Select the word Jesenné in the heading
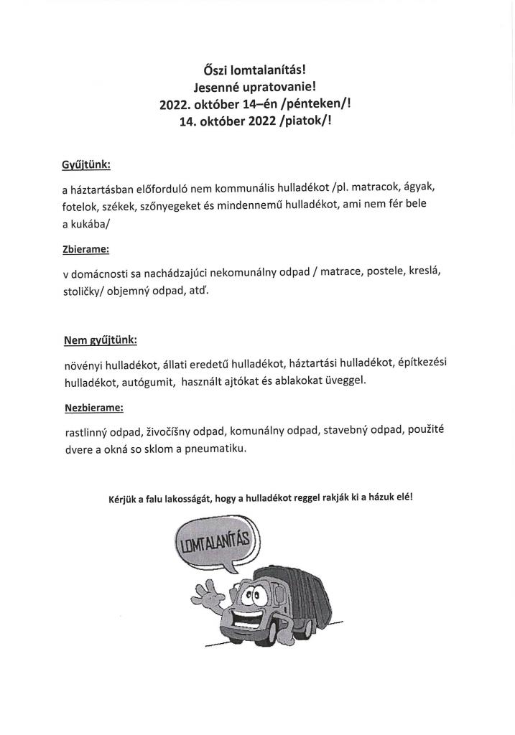tap(228, 88)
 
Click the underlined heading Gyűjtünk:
tap(86, 164)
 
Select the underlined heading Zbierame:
tap(85, 251)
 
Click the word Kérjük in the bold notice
tap(124, 500)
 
